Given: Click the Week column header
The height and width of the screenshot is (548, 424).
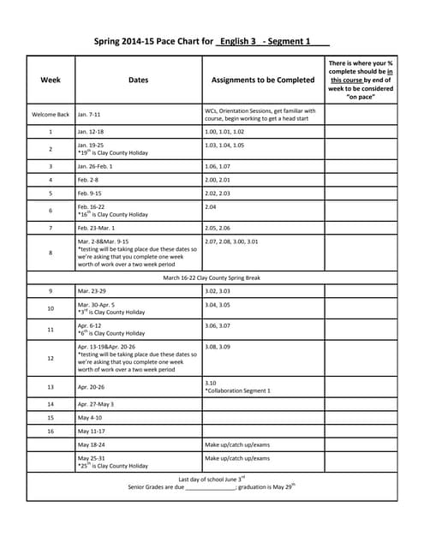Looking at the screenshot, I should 51,80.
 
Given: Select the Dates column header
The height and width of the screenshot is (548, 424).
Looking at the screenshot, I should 138,80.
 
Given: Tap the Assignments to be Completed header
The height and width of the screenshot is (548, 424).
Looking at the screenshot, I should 262,80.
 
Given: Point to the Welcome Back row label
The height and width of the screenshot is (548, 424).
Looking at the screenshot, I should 51,114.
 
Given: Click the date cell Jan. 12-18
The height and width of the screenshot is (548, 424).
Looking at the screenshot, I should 90,132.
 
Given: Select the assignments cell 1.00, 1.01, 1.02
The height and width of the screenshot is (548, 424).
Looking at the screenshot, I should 224,132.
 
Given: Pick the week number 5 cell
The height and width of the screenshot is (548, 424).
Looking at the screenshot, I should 51,194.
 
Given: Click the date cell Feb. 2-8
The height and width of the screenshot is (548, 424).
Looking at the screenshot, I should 88,180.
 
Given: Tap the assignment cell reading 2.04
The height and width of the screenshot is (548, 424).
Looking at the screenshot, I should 212,207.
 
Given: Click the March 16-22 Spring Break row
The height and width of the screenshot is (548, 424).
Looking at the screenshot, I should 212,277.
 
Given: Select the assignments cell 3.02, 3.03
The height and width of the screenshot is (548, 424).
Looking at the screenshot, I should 218,291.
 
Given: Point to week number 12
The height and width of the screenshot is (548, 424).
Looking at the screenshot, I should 51,358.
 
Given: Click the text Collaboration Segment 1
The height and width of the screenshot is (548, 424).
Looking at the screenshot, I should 239,390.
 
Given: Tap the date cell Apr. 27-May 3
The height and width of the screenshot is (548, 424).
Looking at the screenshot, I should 96,403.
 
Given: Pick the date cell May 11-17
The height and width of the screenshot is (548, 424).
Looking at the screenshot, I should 91,431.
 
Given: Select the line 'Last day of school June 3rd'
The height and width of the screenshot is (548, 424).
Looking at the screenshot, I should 212,478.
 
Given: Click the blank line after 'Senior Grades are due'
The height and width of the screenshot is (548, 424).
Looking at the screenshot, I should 210,486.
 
